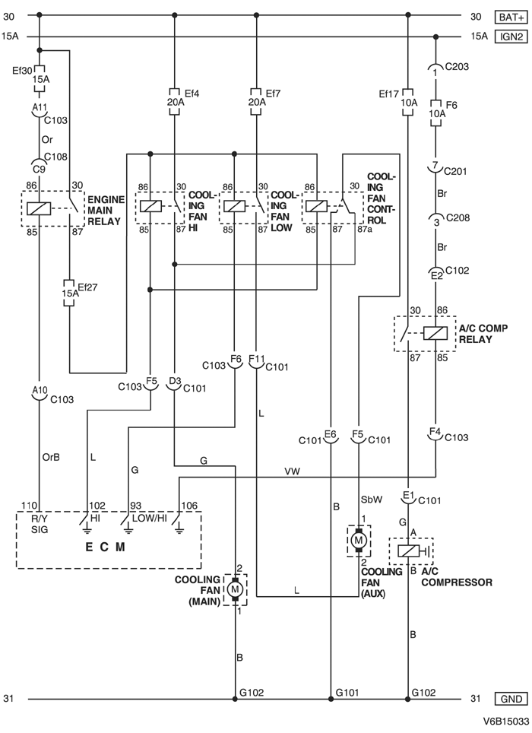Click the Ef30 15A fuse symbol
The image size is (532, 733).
(x=38, y=78)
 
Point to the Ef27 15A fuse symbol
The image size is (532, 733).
(x=70, y=294)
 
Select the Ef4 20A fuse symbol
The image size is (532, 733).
(x=175, y=101)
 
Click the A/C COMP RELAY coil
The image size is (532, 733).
(x=435, y=332)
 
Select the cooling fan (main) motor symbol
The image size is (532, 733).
(x=236, y=589)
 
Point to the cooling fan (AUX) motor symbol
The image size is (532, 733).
(x=357, y=541)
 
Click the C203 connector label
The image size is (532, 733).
(x=458, y=66)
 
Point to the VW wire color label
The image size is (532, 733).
(x=291, y=471)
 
